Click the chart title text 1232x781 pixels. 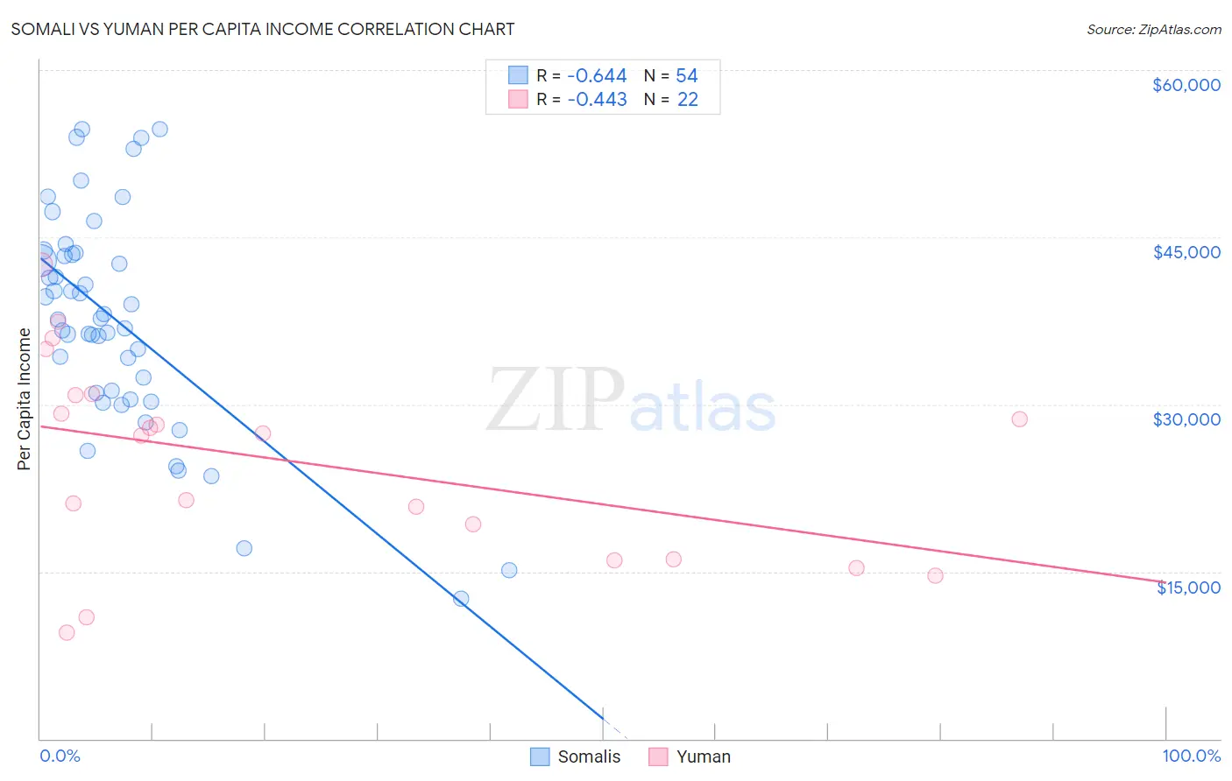(263, 29)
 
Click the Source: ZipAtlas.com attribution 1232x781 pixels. (1153, 29)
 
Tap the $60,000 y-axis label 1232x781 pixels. (1186, 85)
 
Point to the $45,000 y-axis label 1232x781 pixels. (1186, 252)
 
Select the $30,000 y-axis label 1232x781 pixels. (1186, 419)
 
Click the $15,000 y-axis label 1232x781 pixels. (1187, 588)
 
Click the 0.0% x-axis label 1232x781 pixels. (60, 756)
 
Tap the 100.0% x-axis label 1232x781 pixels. (1191, 756)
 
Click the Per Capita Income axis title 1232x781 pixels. (25, 399)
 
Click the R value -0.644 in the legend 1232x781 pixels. (597, 76)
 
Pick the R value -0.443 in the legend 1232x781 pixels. (597, 100)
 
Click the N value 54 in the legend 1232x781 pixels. (686, 76)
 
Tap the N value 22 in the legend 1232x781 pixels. (687, 100)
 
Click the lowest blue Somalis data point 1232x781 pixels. (461, 599)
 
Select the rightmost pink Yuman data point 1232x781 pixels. (1019, 419)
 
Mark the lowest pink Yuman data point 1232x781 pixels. (67, 633)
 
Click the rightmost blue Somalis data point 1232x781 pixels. (509, 570)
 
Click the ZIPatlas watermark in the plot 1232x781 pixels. (631, 401)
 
